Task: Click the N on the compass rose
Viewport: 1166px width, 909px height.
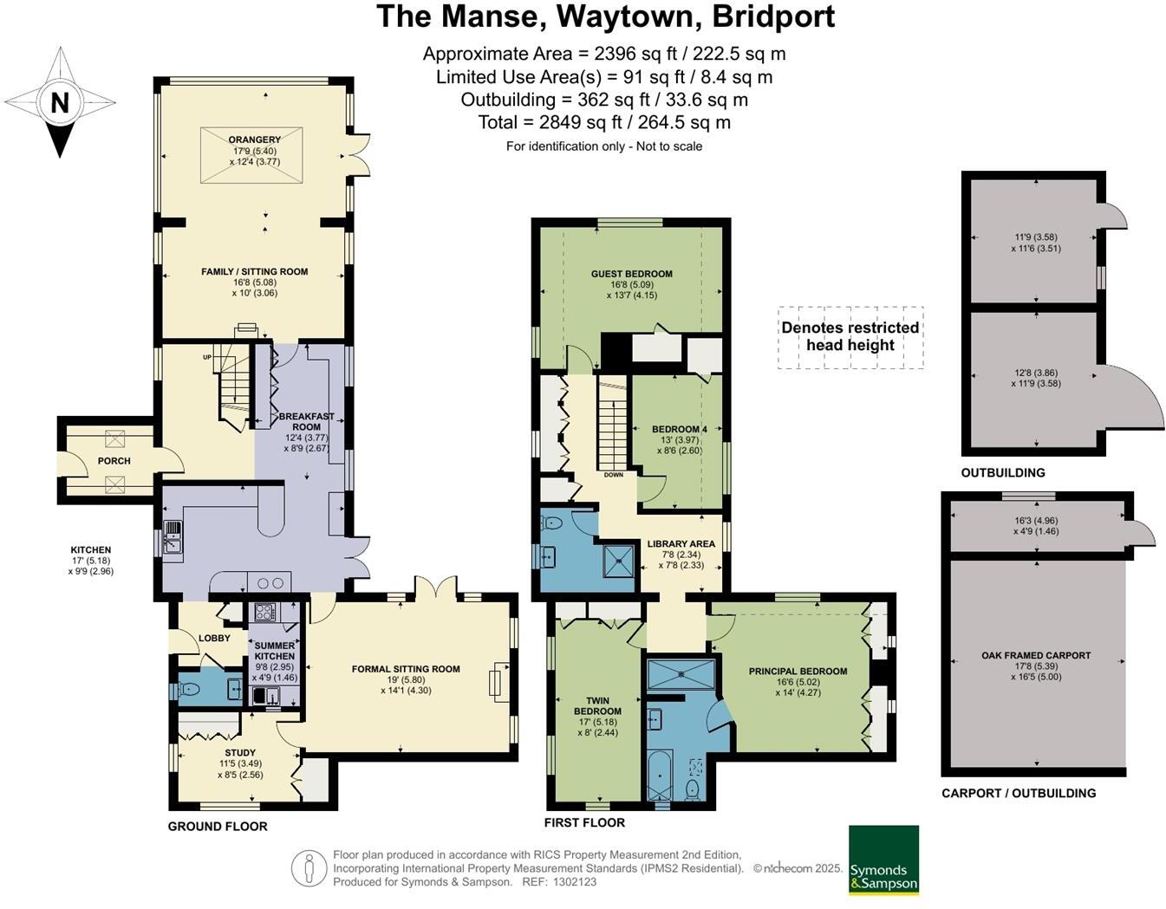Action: (x=59, y=103)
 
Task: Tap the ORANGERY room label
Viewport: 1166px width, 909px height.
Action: (x=254, y=140)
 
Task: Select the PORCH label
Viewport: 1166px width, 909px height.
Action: (x=114, y=461)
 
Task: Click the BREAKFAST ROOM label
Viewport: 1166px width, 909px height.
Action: (x=306, y=422)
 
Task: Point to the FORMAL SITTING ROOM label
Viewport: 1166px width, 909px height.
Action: (x=406, y=669)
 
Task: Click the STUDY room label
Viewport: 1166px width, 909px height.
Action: (x=240, y=753)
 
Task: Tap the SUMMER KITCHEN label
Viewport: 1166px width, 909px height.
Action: (x=275, y=651)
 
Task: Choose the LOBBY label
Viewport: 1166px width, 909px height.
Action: (x=214, y=639)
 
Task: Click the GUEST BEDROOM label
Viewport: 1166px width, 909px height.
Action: (x=631, y=274)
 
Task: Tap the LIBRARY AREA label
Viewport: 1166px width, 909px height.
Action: (x=681, y=544)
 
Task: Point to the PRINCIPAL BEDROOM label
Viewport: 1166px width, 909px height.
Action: (x=798, y=672)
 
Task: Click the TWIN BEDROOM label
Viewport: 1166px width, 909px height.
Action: (x=597, y=706)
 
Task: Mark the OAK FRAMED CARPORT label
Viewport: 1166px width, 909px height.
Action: (x=1036, y=656)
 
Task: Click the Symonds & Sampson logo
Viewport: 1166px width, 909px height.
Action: (x=883, y=860)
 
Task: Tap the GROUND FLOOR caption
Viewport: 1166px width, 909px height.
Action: (x=218, y=827)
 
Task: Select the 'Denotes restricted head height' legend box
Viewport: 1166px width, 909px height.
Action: (x=850, y=337)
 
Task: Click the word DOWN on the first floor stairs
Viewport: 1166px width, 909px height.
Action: (x=613, y=475)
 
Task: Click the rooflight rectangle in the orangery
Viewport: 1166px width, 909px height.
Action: (x=251, y=156)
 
